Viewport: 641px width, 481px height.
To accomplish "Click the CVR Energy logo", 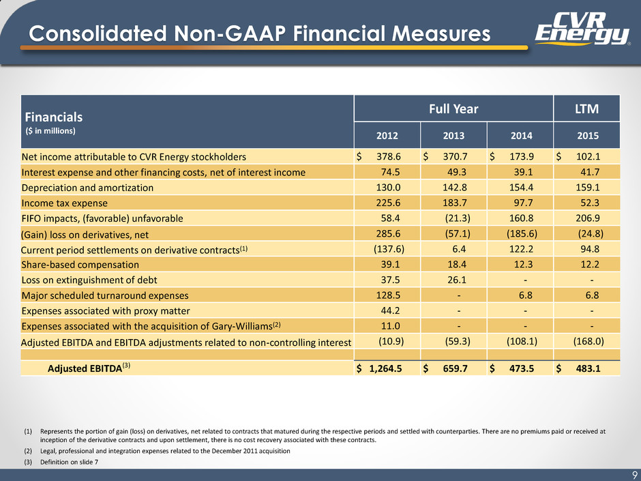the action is [x=582, y=28].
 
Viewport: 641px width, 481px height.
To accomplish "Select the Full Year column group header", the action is [x=453, y=108].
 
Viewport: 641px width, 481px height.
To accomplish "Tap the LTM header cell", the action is [x=586, y=108].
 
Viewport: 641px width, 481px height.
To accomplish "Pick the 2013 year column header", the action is [x=453, y=135].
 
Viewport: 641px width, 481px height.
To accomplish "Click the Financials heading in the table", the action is [x=54, y=117].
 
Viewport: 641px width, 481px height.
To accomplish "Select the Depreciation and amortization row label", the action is [x=87, y=188].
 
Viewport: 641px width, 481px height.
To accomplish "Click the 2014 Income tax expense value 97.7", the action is [x=523, y=203].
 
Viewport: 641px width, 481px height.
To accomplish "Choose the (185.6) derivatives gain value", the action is [x=522, y=233].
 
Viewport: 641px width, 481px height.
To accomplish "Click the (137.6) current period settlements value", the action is [x=389, y=249].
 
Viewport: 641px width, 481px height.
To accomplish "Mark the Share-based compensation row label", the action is [x=80, y=265].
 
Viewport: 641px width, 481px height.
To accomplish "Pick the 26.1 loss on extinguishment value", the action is [x=457, y=280].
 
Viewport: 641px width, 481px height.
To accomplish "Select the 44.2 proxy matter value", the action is [x=391, y=310].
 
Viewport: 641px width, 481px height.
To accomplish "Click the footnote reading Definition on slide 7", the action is [x=69, y=462].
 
